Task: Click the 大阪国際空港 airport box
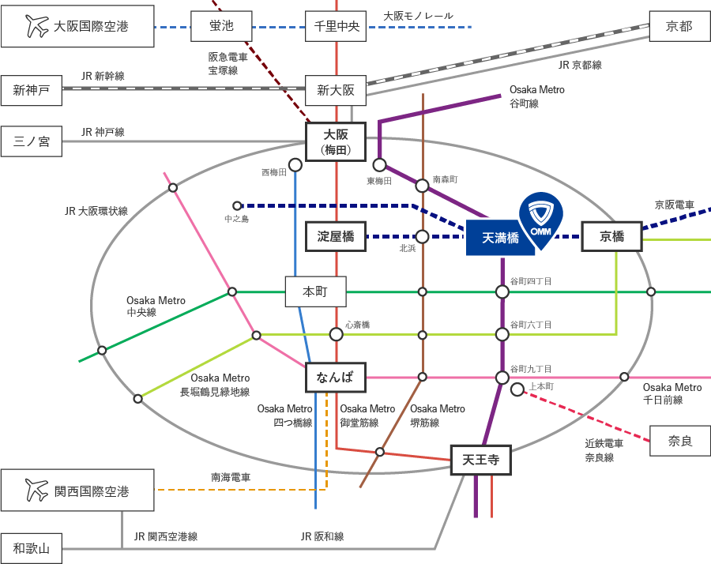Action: (76, 27)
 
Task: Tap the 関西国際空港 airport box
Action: (76, 491)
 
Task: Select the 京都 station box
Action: (679, 27)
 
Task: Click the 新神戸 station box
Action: (32, 91)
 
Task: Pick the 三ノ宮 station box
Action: (32, 141)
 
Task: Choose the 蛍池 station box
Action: (222, 27)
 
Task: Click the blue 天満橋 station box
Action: (501, 238)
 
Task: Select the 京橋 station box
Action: (611, 236)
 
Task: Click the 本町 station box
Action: (315, 291)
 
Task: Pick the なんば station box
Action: (336, 378)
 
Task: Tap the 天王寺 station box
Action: (480, 458)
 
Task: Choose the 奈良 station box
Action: (679, 441)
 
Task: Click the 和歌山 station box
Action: (32, 547)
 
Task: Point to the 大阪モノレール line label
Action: (419, 15)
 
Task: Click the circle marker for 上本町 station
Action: (517, 389)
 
